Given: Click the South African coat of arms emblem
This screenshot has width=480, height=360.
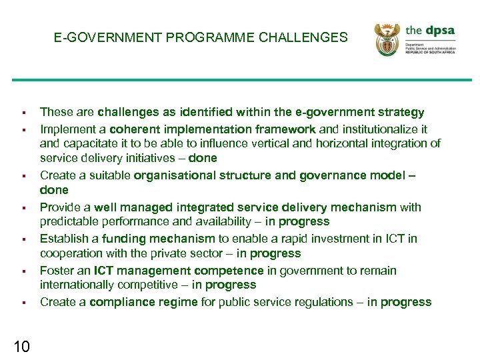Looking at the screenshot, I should (x=386, y=39).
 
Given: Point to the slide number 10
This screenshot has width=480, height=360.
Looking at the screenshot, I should (x=21, y=346).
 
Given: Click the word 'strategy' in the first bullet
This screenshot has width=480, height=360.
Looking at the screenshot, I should (x=401, y=112).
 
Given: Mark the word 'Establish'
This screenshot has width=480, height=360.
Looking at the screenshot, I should (x=65, y=239).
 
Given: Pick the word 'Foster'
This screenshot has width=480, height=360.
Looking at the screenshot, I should (x=57, y=271).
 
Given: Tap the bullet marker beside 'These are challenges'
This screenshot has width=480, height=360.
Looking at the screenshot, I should (x=23, y=113).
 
